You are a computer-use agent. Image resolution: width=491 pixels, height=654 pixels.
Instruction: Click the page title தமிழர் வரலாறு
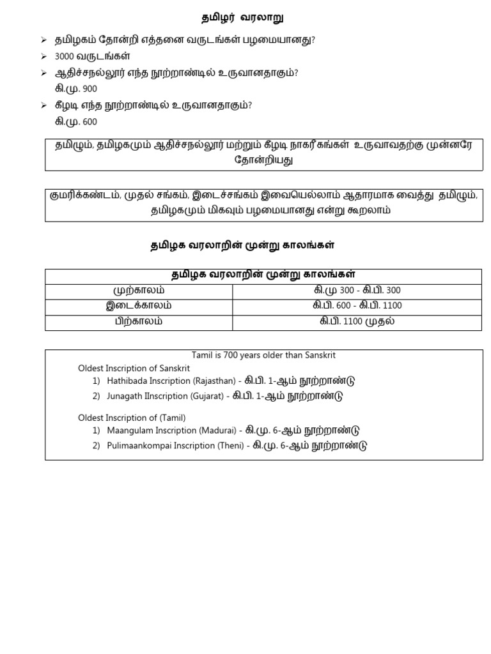pyautogui.click(x=239, y=18)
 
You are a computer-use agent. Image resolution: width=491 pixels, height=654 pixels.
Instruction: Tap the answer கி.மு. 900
pyautogui.click(x=76, y=89)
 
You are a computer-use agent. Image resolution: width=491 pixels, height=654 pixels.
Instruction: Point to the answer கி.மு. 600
pyautogui.click(x=76, y=121)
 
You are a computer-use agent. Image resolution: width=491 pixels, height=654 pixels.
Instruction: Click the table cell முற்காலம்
pyautogui.click(x=139, y=290)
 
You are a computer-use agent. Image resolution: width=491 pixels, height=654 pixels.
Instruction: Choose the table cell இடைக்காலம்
pyautogui.click(x=139, y=305)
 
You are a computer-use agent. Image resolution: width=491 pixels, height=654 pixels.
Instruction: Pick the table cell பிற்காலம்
pyautogui.click(x=139, y=321)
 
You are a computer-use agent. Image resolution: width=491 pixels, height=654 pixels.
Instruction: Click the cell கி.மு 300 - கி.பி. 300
pyautogui.click(x=357, y=290)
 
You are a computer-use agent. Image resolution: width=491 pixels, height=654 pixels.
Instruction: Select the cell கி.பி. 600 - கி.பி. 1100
pyautogui.click(x=357, y=305)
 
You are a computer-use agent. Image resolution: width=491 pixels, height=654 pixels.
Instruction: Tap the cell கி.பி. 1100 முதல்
pyautogui.click(x=357, y=321)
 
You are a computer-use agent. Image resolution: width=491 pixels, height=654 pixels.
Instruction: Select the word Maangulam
pyautogui.click(x=130, y=430)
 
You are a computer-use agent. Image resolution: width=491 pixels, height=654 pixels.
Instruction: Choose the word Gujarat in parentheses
pyautogui.click(x=206, y=396)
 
